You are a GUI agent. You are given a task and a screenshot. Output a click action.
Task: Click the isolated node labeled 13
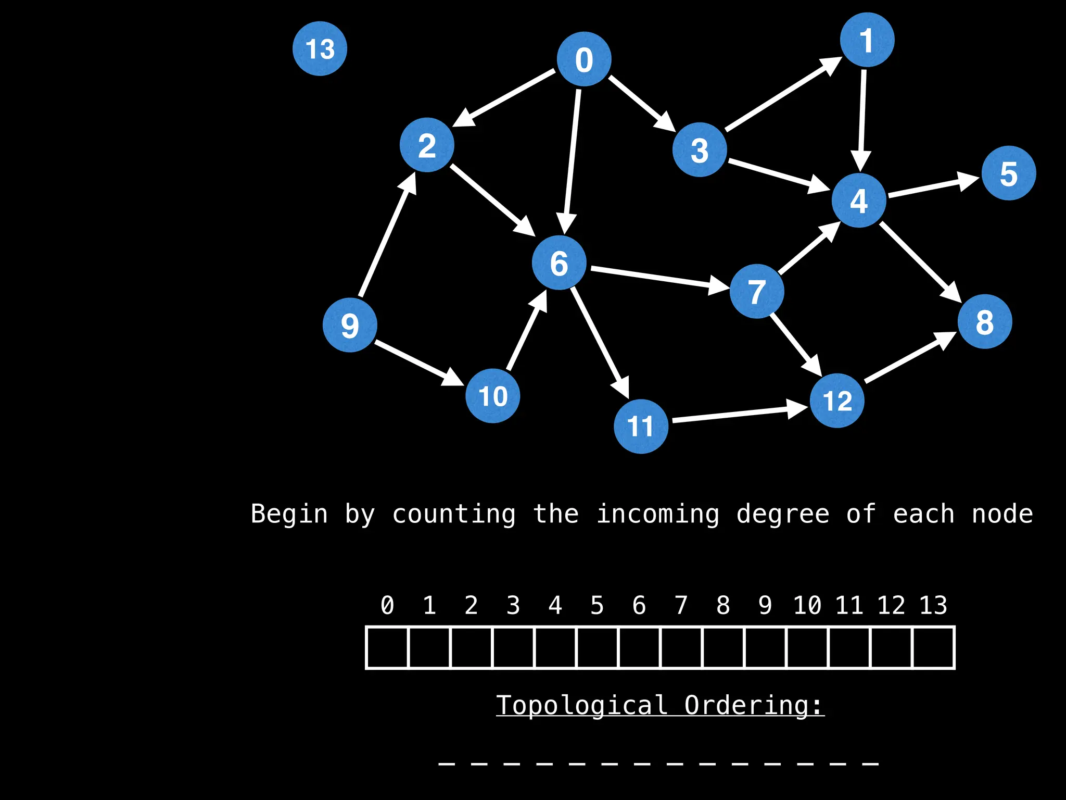tap(320, 48)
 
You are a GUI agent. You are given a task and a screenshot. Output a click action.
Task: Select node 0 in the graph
tap(583, 59)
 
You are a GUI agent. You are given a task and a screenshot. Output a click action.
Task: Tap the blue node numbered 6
tap(559, 262)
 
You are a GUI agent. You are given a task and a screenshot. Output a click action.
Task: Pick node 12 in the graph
tap(837, 401)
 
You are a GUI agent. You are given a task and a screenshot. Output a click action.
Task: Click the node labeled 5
tap(1008, 173)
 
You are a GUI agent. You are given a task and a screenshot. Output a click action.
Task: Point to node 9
tap(350, 325)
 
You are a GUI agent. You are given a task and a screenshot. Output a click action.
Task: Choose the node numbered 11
tap(641, 426)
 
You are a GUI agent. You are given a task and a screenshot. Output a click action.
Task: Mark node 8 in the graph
tap(984, 321)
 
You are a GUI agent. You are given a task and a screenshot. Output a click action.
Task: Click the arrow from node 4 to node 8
tap(919, 261)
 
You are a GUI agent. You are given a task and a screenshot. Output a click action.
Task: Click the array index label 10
tap(807, 605)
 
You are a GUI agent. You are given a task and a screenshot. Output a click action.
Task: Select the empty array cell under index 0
tap(387, 647)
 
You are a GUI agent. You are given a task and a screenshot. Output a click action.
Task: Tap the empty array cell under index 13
tap(933, 647)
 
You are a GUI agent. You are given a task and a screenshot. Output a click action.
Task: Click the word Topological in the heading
tap(581, 706)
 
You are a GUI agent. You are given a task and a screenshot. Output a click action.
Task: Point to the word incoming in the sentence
tap(657, 514)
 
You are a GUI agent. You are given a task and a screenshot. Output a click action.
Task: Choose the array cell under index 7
tap(681, 647)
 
